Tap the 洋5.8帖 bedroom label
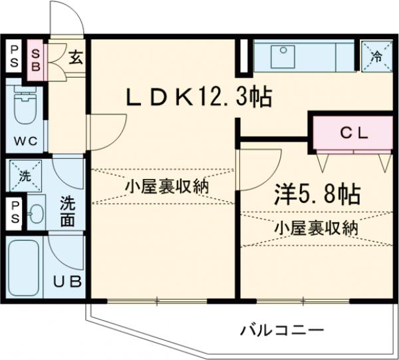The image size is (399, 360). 317,195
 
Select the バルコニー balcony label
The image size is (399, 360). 282,330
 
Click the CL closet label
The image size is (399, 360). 354,133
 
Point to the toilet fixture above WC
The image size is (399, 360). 25,105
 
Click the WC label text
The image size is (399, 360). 26,141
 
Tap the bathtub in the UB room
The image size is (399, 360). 24,268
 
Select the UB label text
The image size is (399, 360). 67,281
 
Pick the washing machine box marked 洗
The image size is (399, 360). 25,176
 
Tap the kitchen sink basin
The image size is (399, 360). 283,57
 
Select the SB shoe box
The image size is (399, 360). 35,61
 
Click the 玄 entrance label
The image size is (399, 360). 76,57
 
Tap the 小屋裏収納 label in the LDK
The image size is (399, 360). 167,186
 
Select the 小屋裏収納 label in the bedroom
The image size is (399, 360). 316,228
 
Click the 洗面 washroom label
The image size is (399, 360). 67,212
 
